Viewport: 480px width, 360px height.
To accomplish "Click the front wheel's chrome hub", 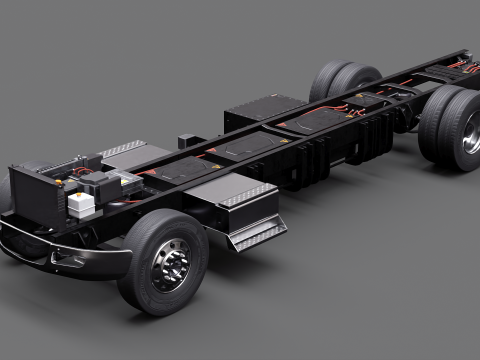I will point(171,267).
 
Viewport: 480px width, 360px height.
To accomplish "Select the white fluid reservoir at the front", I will point(81,203).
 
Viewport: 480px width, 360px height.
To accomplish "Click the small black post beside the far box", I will point(186,142).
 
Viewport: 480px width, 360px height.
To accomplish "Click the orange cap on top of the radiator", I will point(62,184).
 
